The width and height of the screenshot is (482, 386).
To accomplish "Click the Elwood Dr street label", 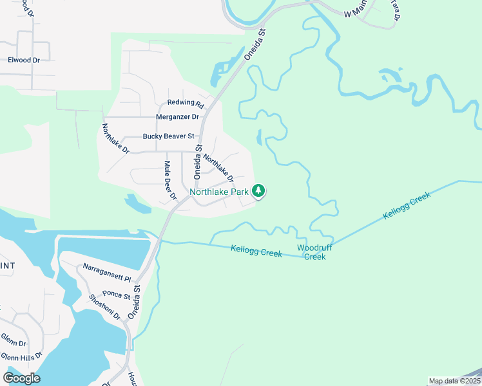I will [24, 60].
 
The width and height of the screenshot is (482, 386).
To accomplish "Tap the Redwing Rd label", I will [186, 103].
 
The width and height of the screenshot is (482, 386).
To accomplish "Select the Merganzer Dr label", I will [177, 117].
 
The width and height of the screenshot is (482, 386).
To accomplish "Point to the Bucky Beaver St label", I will [168, 136].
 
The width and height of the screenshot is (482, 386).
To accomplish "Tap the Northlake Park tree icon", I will [258, 190].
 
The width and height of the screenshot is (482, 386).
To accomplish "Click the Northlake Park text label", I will [219, 192].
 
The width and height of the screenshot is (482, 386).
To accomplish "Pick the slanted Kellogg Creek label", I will [407, 206].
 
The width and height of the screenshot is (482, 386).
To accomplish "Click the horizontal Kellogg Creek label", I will [256, 251].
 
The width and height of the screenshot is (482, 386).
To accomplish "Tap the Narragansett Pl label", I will [107, 272].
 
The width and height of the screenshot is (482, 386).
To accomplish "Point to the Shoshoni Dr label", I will [105, 307].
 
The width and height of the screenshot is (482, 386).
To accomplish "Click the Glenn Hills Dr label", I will [21, 356].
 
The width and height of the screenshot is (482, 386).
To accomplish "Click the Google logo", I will [21, 378].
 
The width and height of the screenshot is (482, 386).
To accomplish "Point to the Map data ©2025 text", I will [454, 381].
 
